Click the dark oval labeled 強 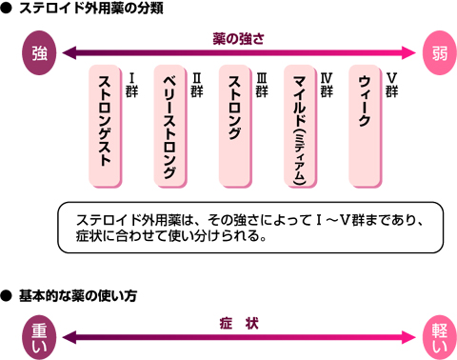click(39, 52)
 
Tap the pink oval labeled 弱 click(440, 52)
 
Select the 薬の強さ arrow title click(238, 39)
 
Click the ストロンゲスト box click(105, 126)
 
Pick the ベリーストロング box click(170, 126)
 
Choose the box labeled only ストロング click(235, 126)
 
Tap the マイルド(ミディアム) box click(300, 126)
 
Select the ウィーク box click(365, 126)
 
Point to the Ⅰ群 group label click(131, 85)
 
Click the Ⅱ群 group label click(197, 85)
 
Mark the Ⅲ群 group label click(262, 85)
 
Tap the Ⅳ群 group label click(327, 85)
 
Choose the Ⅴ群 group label click(391, 85)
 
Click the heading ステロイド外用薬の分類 click(91, 8)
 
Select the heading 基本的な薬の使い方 click(78, 296)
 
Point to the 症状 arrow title click(239, 324)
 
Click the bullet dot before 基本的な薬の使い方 click(6, 296)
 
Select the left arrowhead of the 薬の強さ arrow click(70, 52)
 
